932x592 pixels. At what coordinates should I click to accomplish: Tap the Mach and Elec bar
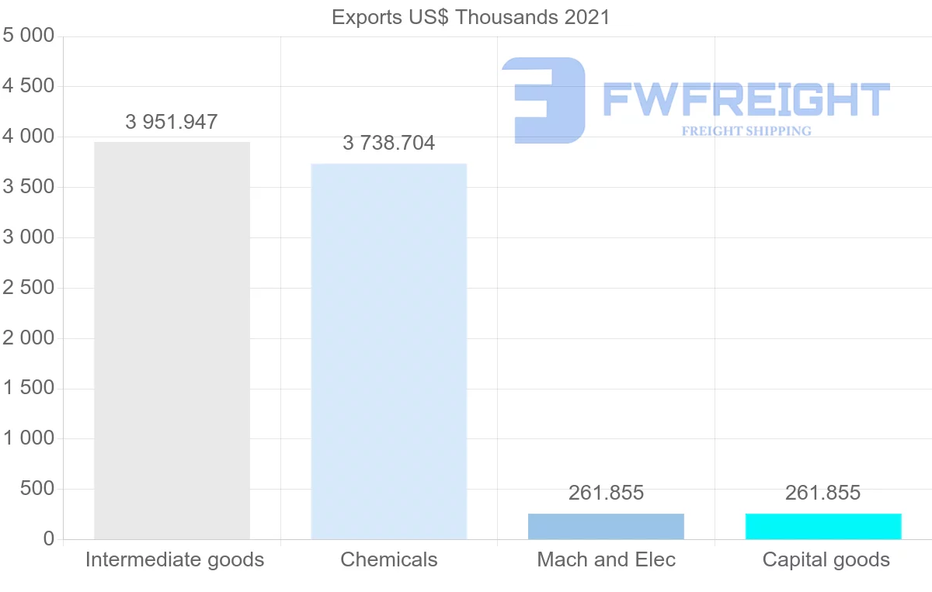click(606, 526)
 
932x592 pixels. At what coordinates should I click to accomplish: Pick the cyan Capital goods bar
click(823, 526)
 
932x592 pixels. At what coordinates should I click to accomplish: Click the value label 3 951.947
click(172, 122)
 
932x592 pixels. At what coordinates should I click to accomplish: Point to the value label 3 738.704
click(388, 143)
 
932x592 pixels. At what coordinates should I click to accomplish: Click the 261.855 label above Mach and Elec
click(606, 493)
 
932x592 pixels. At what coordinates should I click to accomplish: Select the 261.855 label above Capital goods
click(823, 493)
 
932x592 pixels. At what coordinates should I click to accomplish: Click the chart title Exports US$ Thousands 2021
click(471, 17)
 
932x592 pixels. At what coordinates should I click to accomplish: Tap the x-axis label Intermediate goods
click(175, 559)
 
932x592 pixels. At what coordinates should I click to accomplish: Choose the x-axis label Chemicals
click(388, 559)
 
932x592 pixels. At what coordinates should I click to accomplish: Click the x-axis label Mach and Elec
click(606, 559)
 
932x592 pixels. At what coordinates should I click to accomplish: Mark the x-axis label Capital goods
click(826, 559)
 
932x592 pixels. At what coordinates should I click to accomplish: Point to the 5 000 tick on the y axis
click(29, 36)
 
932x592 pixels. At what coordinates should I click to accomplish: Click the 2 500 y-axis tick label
click(29, 288)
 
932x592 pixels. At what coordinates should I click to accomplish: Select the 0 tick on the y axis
click(48, 539)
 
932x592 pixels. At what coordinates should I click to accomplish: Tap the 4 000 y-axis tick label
click(29, 137)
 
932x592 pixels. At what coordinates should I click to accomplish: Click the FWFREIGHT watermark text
click(746, 99)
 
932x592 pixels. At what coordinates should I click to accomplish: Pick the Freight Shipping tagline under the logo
click(746, 131)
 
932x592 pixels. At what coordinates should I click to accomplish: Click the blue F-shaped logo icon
click(544, 100)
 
